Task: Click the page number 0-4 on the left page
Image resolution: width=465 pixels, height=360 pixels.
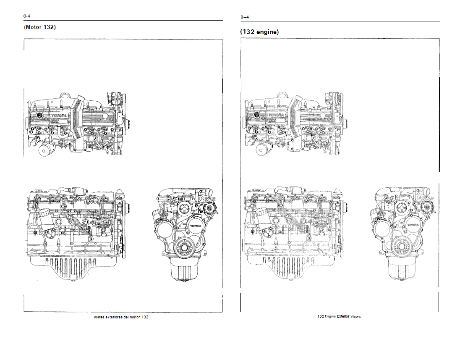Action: (x=27, y=16)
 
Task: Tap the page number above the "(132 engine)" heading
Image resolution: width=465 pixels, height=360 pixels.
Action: (x=245, y=17)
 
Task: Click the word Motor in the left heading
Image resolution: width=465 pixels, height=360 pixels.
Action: (x=33, y=27)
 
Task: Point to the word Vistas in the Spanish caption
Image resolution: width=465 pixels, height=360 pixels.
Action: (x=99, y=317)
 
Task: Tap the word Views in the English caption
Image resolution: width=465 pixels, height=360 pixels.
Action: (x=355, y=317)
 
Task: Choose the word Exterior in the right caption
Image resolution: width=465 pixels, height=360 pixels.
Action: (x=343, y=316)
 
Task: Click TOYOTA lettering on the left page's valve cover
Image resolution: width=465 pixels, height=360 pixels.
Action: (x=59, y=116)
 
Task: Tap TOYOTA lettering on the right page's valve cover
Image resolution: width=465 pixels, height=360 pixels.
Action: (x=277, y=115)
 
